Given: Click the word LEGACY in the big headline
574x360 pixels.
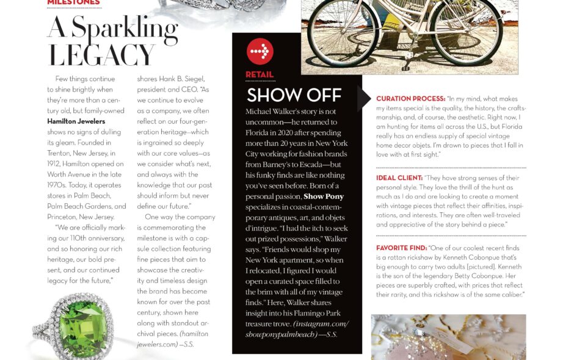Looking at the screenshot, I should tap(102, 55).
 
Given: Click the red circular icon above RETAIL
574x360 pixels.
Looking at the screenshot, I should tap(260, 51).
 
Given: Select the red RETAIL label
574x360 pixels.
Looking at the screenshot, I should tap(260, 75).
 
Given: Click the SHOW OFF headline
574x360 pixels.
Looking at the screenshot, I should tap(294, 95).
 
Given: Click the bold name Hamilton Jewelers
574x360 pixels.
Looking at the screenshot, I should tap(76, 121).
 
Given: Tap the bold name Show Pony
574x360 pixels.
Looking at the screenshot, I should tap(324, 196).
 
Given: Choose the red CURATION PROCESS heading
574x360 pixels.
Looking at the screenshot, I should tap(410, 99).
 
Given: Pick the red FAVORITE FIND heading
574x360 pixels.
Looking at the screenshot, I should tap(401, 248).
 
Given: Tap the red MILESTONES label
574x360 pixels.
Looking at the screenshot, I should tap(73, 2).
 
